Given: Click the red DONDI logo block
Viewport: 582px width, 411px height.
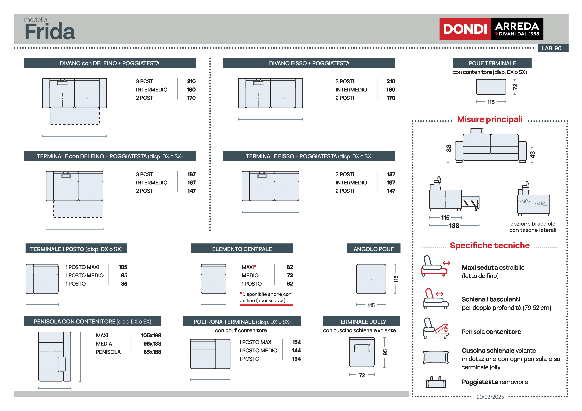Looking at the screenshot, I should pos(465,29).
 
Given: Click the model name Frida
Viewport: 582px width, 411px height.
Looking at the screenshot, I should pos(50,31).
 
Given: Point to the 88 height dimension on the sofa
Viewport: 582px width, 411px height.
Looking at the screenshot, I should pos(448,148).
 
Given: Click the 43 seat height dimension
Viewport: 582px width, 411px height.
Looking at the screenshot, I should pos(532,154).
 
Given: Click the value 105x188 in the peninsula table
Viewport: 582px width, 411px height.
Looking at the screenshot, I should pos(151,335).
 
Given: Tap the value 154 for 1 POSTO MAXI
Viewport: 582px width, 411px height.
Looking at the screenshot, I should pos(296,342).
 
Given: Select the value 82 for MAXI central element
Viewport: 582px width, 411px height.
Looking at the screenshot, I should pos(290,267).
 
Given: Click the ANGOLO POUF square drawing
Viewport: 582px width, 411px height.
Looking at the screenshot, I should pos(371,279).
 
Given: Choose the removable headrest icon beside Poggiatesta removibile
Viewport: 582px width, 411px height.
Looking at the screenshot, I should pos(436,383).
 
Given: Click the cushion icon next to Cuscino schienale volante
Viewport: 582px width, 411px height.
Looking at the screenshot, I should pos(436,357).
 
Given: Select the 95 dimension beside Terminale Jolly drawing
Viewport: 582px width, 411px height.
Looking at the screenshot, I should pos(385,352).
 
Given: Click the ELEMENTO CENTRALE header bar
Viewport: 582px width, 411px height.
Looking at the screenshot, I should pos(242,249).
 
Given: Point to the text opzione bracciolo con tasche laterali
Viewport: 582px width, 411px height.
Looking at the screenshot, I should pos(533,227).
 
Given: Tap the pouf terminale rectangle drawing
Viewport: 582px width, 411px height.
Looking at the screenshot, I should pos(491,87).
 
